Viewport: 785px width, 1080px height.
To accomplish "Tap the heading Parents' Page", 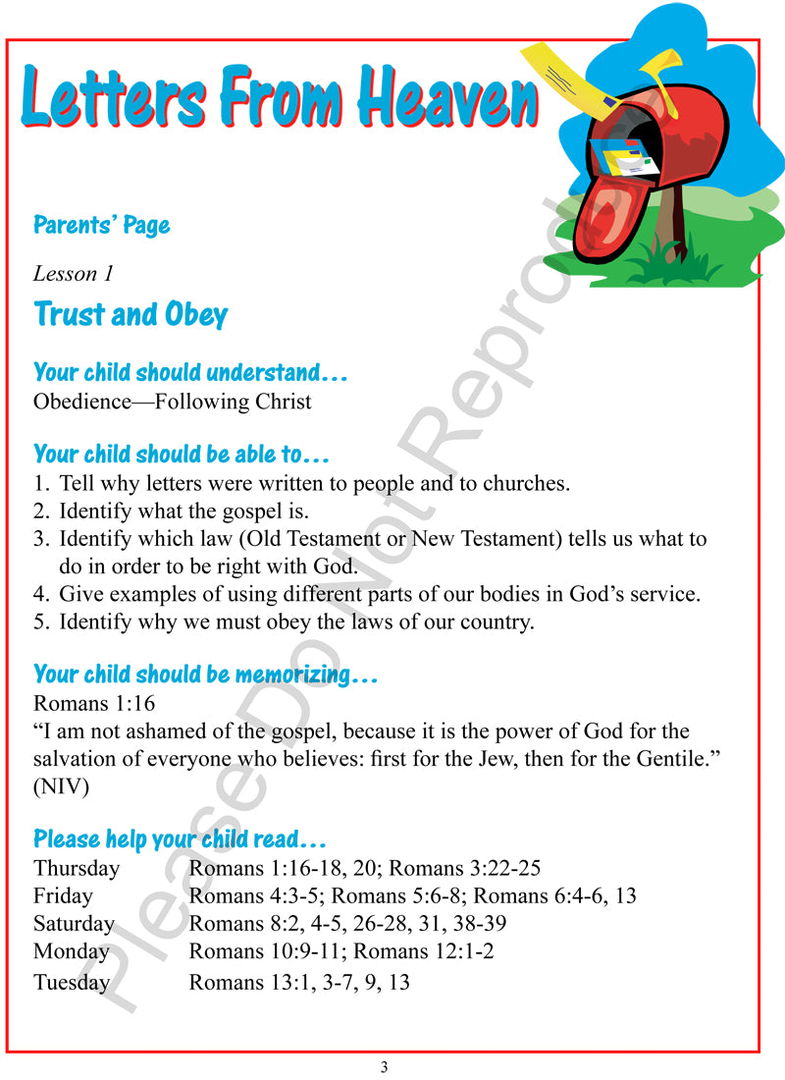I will pos(101,225).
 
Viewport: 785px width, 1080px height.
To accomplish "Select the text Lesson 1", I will pos(73,274).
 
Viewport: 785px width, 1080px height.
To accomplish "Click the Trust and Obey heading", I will pos(131,314).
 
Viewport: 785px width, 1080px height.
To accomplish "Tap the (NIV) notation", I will pos(62,785).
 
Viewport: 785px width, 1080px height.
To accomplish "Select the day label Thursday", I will pos(77,868).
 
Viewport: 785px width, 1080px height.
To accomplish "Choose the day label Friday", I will pos(63,895).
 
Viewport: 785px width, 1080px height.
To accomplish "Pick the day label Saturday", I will pos(74,923).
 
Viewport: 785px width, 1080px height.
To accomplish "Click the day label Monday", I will pos(71,950).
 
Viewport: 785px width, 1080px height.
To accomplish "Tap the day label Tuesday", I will pos(71,982).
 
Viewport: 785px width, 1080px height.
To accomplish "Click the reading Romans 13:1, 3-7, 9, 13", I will pos(298,982).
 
